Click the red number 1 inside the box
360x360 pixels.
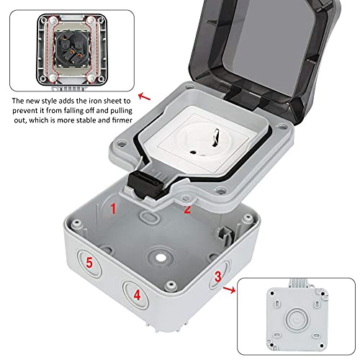tap(113, 208)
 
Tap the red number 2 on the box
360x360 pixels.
tap(187, 210)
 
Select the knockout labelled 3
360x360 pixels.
tap(219, 275)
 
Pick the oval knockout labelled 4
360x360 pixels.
tap(135, 294)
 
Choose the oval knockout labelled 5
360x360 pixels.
tap(89, 263)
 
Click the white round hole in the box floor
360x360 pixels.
tap(159, 258)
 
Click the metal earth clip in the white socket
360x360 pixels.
tap(216, 137)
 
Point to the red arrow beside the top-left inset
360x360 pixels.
tap(145, 96)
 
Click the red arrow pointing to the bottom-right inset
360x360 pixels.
tap(229, 289)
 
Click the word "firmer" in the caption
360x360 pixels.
tap(122, 120)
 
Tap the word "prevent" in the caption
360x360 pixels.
tap(25, 111)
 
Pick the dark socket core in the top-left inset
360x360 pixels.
tap(71, 48)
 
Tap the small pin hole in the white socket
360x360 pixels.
tap(192, 152)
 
